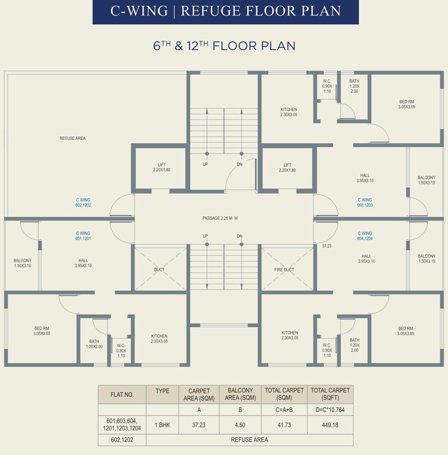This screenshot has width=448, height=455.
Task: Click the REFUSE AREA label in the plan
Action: click(x=72, y=138)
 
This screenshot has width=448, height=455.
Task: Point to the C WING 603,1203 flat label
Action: click(x=364, y=202)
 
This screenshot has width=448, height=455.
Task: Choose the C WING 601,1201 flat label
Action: click(x=83, y=236)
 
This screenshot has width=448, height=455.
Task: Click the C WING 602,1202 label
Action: click(x=83, y=202)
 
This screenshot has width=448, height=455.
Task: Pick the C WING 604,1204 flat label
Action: click(x=364, y=236)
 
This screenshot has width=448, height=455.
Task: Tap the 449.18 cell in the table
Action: click(x=330, y=425)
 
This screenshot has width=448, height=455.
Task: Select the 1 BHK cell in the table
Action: click(x=162, y=425)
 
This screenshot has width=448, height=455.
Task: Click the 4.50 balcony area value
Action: click(x=240, y=425)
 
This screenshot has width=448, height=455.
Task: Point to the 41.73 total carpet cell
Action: click(x=284, y=425)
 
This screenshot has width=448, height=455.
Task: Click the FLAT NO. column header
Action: click(x=122, y=394)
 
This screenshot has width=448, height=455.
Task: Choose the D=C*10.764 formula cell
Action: click(x=330, y=409)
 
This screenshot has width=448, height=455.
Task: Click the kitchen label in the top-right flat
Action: click(x=289, y=112)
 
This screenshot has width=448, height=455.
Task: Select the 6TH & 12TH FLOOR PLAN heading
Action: click(x=224, y=46)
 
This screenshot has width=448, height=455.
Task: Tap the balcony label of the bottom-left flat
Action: click(x=23, y=263)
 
